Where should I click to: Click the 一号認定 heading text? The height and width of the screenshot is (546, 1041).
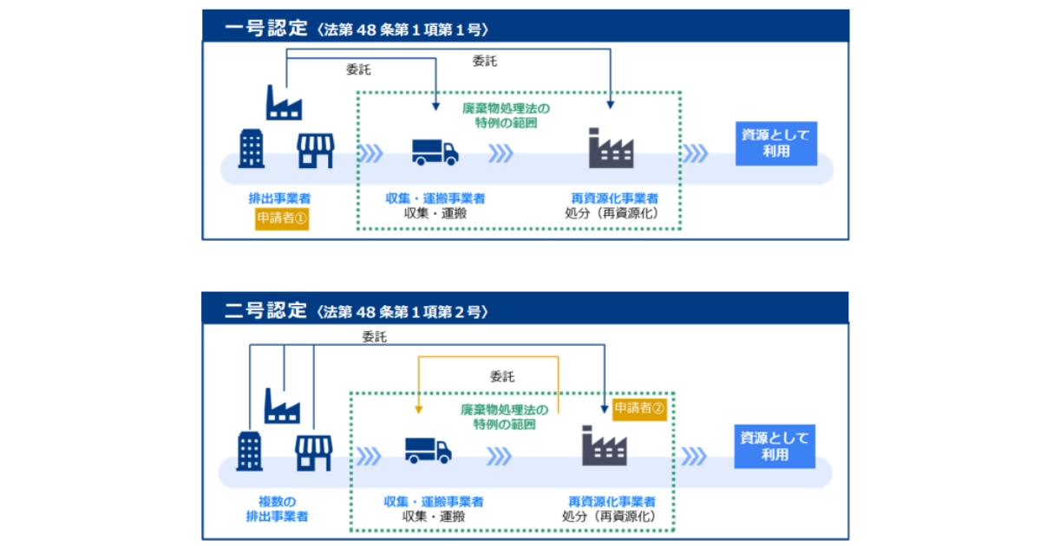pos(266,28)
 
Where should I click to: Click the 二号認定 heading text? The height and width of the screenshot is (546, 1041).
pos(265,310)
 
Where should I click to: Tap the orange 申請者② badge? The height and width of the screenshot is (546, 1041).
pos(639,408)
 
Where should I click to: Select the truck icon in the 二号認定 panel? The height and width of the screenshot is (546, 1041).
pos(428,450)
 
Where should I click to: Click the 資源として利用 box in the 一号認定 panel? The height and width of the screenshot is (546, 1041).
pos(776,143)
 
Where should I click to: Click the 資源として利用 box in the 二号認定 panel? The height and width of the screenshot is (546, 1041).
pos(775,445)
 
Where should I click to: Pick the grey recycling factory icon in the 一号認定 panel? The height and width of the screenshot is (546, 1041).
pos(611,148)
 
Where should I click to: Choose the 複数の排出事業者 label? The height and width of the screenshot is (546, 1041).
pos(277,510)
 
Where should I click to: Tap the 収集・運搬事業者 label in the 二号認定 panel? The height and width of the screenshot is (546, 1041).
pos(434,502)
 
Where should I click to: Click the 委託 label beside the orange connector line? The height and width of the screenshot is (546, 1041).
pos(501,377)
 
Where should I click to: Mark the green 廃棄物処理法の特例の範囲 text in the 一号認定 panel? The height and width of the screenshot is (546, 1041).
pos(506,115)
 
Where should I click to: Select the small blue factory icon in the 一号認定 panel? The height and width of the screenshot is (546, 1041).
pos(284,102)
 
